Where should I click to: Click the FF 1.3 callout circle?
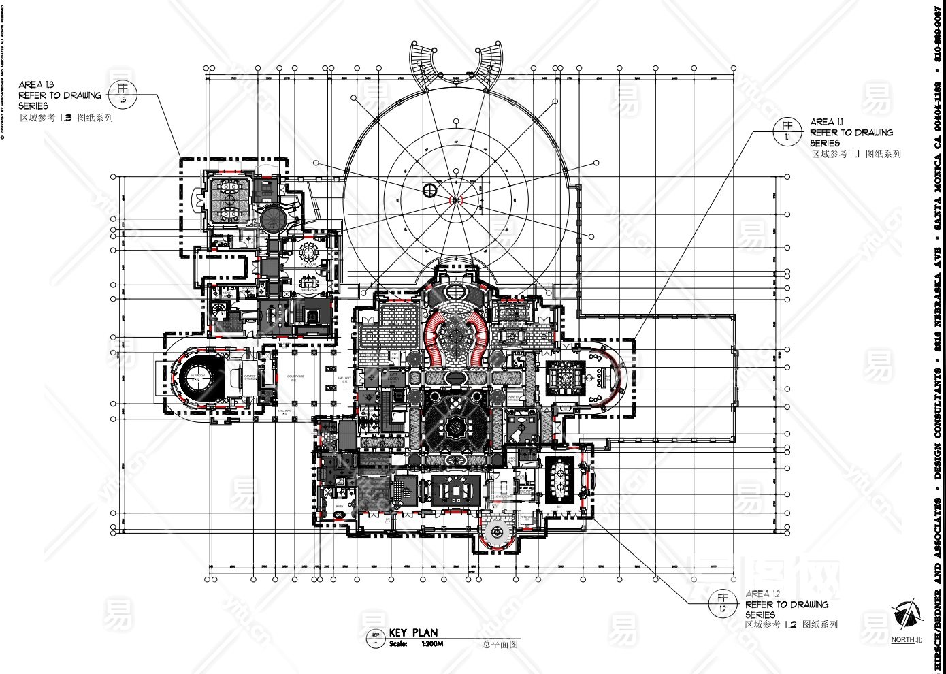[x=123, y=94]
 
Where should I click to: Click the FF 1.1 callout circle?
[x=787, y=131]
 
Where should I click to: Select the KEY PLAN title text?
[x=413, y=633]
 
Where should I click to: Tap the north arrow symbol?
[x=905, y=615]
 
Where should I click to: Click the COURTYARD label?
[x=295, y=376]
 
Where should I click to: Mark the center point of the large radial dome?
[x=454, y=200]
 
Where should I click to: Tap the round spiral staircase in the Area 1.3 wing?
[x=271, y=218]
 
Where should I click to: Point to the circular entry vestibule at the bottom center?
[x=499, y=533]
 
